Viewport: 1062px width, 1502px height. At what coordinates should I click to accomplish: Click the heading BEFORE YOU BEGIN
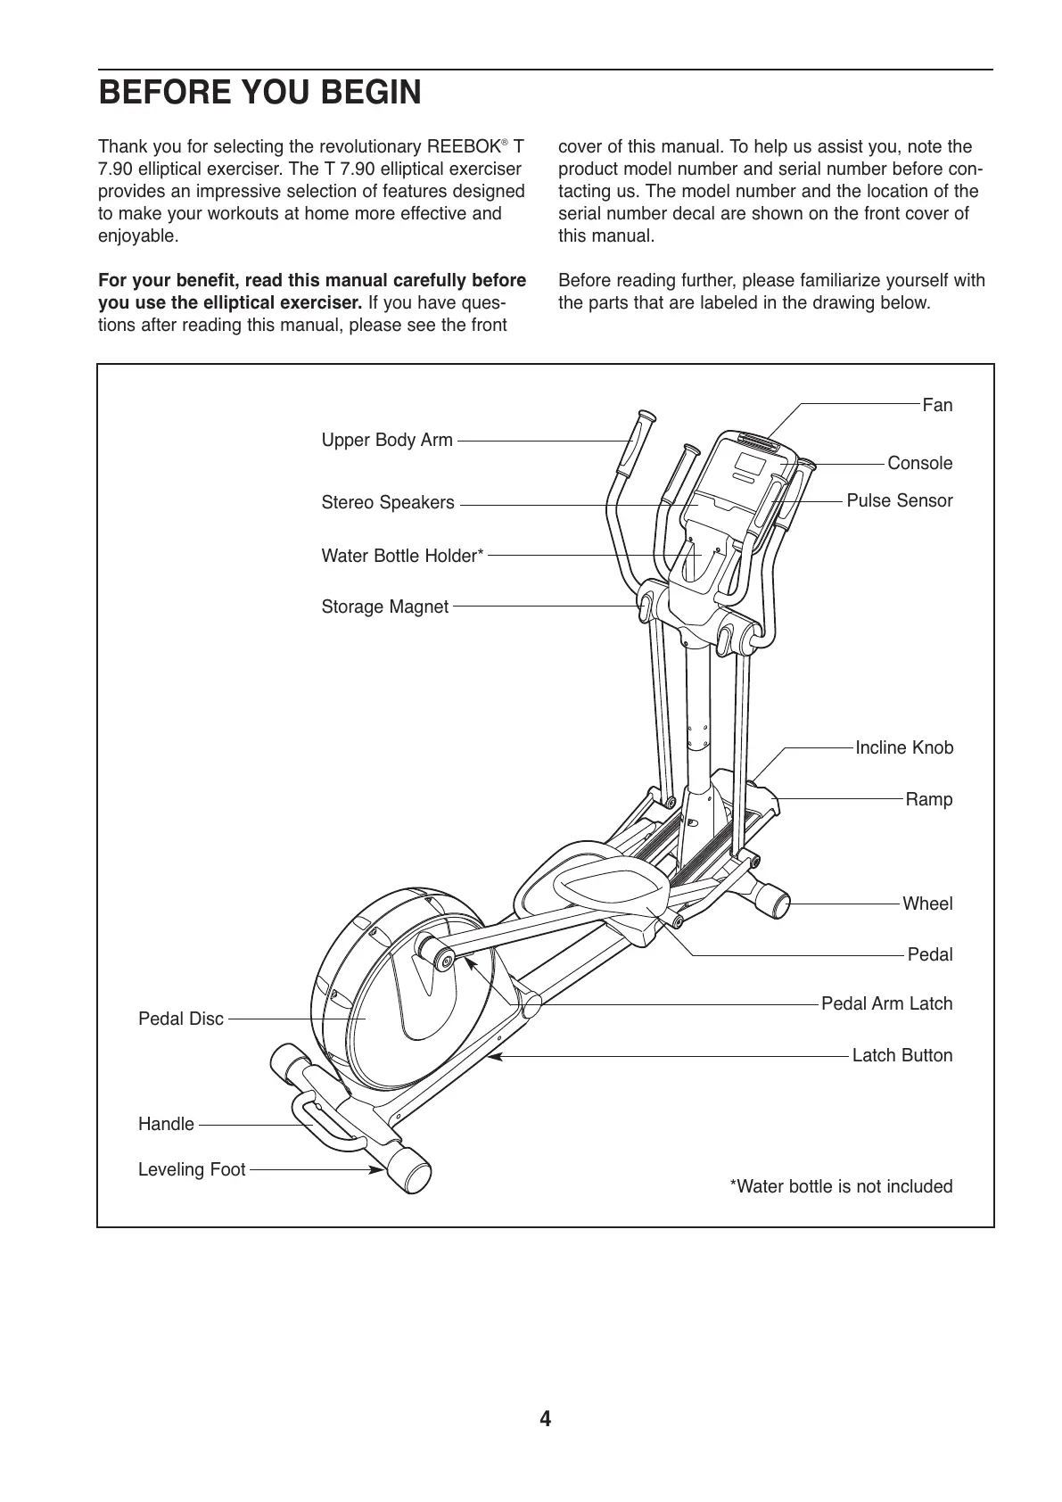coord(259,93)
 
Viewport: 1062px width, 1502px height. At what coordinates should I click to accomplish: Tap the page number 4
coord(545,1419)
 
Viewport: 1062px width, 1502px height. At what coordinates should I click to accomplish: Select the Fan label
coord(937,406)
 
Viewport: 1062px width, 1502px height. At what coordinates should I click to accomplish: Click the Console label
coord(919,464)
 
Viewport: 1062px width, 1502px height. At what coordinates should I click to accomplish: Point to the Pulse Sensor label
coord(899,501)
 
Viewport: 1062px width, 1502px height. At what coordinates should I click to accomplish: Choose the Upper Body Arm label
coord(387,441)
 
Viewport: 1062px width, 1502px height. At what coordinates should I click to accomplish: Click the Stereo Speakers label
coord(388,503)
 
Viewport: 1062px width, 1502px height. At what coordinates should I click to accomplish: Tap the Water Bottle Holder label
coord(402,557)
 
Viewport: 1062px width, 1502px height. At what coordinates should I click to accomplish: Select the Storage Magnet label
coord(384,607)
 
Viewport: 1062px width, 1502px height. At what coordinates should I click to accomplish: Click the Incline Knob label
coord(904,748)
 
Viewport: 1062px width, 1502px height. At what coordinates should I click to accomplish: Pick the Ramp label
coord(929,800)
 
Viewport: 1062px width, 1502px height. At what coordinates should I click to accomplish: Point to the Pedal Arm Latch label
coord(886,1004)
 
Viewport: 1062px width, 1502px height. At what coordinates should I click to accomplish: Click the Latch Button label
coord(902,1056)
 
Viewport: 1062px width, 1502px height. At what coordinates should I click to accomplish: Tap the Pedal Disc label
coord(181,1019)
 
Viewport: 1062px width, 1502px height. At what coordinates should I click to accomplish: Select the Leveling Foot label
coord(192,1170)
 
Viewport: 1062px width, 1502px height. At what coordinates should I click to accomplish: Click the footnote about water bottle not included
coord(841,1187)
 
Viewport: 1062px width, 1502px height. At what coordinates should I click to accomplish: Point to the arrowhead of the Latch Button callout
coord(492,1056)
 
